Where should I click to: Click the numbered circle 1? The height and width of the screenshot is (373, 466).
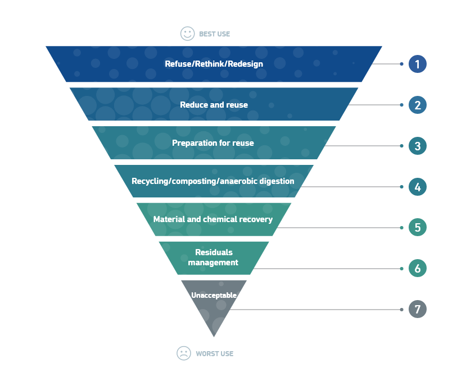click(417, 64)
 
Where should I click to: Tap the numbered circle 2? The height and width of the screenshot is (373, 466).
click(417, 105)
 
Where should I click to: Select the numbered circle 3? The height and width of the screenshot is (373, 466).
click(417, 146)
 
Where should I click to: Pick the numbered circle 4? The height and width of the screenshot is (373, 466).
click(417, 186)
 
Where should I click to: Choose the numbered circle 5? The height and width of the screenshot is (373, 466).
click(417, 227)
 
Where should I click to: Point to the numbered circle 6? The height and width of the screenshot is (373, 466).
click(417, 268)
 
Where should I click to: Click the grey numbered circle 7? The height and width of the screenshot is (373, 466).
click(417, 309)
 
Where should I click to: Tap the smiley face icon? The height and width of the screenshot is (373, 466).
click(188, 34)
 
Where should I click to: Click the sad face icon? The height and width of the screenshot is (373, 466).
click(184, 353)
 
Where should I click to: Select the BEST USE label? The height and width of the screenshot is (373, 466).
click(215, 34)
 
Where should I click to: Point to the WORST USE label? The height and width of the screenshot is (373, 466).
click(215, 354)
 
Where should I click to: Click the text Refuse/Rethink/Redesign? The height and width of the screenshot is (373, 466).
click(214, 64)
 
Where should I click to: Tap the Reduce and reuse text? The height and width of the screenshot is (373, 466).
click(214, 105)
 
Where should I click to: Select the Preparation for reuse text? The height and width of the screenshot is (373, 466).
click(213, 143)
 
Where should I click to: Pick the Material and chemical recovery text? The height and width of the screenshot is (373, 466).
click(213, 219)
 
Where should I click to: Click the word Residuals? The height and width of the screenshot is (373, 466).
click(214, 252)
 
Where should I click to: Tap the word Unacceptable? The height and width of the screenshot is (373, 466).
click(214, 296)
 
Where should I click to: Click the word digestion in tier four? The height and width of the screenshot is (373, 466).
click(277, 181)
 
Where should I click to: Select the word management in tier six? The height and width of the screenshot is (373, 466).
click(213, 263)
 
